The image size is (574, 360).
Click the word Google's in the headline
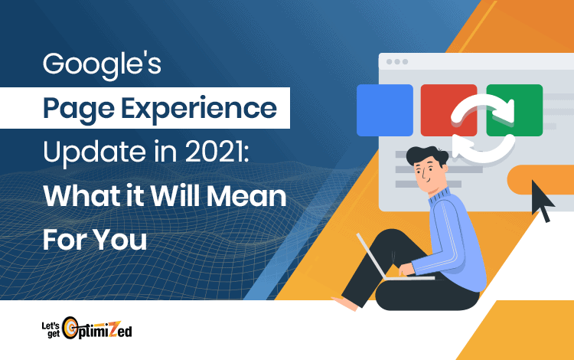pyautogui.click(x=102, y=65)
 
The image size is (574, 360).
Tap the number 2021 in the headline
pyautogui.click(x=215, y=151)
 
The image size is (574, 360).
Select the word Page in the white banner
pyautogui.click(x=78, y=110)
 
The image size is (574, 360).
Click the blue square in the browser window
pyautogui.click(x=385, y=110)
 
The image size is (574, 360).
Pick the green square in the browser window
pyautogui.click(x=514, y=110)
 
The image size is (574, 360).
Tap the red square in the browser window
pyautogui.click(x=448, y=110)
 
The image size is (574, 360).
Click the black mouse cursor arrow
pyautogui.click(x=542, y=200)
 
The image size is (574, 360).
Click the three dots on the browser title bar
pyautogui.click(x=397, y=61)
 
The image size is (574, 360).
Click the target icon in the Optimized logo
pyautogui.click(x=70, y=328)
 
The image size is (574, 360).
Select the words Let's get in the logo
pyautogui.click(x=51, y=329)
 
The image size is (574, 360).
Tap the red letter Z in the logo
pyautogui.click(x=114, y=329)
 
